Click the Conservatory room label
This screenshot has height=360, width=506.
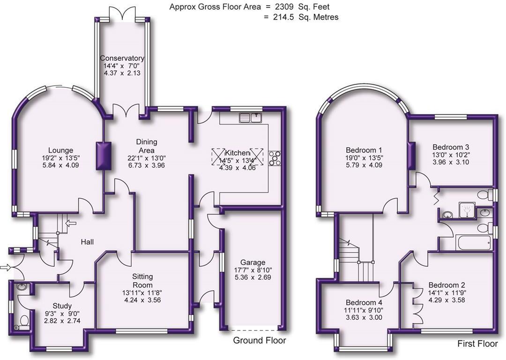pos(122,58)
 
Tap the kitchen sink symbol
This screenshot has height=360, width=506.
pos(251,117)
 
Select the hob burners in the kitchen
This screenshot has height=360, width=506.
pos(274,159)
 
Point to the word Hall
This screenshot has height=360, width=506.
pos(87,242)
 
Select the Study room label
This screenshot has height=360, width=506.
pos(62,306)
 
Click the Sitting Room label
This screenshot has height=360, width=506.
pos(141,281)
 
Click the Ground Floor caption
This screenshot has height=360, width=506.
pos(259,340)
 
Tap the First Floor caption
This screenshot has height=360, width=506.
pos(477,344)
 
